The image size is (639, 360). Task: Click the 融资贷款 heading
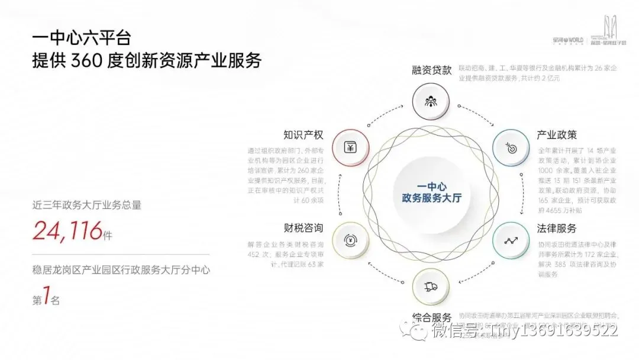[x=432, y=70]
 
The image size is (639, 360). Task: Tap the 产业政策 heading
[x=556, y=135]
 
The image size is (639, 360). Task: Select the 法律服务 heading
[x=556, y=228]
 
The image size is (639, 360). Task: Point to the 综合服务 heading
[x=432, y=317]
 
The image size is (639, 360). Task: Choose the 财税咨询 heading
[x=304, y=227]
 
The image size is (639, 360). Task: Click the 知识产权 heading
[x=304, y=134]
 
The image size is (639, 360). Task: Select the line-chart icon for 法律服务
[x=511, y=240]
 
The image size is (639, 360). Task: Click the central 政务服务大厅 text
[x=432, y=197]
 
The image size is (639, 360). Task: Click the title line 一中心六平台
[x=81, y=40]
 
